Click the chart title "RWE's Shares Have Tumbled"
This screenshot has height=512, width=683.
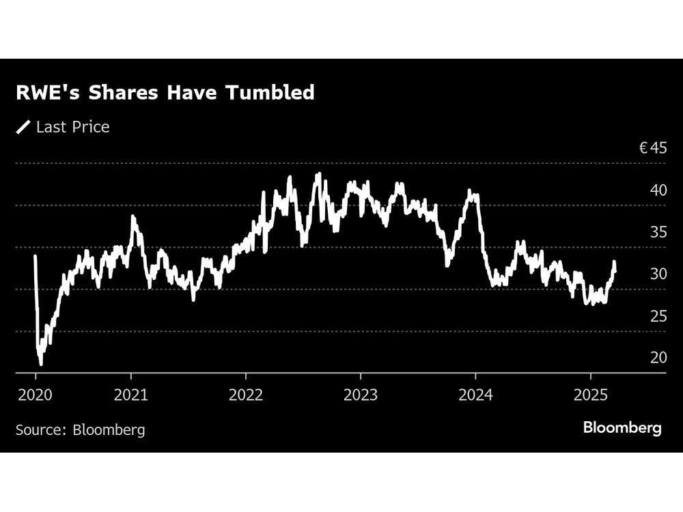coord(165,92)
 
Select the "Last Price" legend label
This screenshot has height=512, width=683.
coord(72,127)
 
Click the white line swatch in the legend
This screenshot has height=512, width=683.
coord(24,127)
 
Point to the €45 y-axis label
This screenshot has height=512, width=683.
coord(652,147)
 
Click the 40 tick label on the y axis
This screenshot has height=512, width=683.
coord(658,190)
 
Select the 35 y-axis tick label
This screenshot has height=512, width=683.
coord(658,232)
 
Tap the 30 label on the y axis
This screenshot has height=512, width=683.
coord(658,274)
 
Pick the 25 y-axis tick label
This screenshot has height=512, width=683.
coord(658,316)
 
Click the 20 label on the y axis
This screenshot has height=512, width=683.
coord(658,358)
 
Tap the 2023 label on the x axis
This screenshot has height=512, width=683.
coord(360,395)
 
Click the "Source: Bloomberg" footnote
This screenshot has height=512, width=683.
coord(81,430)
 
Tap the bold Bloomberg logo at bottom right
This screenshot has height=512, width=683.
coord(622,428)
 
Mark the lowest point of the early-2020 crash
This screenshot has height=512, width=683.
coord(41,364)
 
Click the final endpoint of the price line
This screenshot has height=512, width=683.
coord(615,271)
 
